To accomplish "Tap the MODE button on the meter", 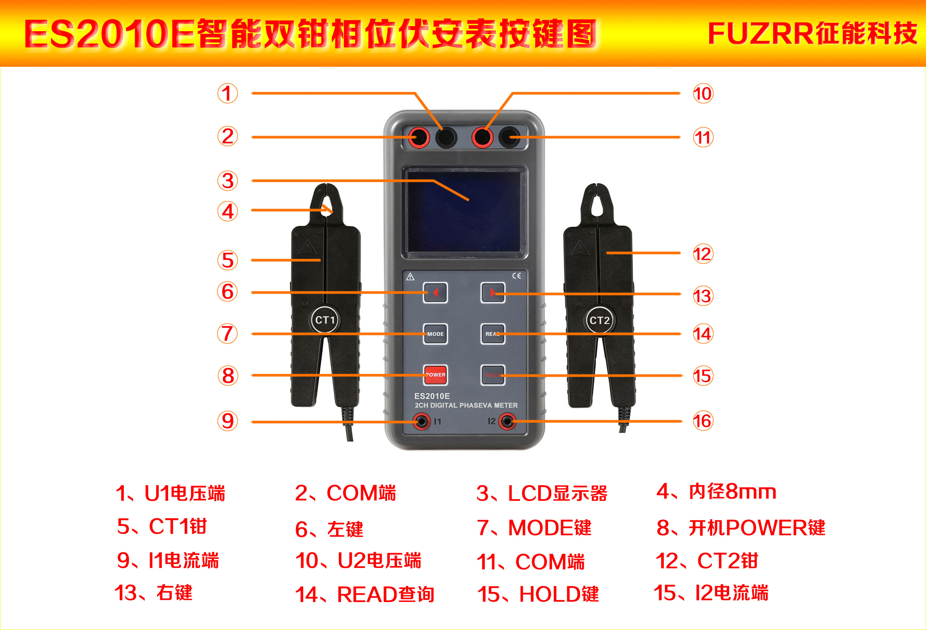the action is (435, 334).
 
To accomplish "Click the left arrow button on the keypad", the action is (435, 293).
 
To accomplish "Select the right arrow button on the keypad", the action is (493, 293).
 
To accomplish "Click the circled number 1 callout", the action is (228, 93).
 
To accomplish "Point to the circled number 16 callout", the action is (703, 421).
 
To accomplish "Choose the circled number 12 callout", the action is (703, 254).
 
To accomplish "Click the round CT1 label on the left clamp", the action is (325, 320).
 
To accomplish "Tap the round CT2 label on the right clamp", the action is (600, 320).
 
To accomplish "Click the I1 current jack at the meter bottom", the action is (421, 421).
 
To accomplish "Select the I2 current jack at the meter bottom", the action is (507, 421).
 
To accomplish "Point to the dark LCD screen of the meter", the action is (464, 212).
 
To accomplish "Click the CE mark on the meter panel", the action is (516, 275).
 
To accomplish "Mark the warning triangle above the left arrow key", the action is (410, 277).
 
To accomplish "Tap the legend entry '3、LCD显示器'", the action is (542, 493).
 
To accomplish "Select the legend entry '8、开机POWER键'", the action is (741, 528).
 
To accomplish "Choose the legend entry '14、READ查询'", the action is (365, 594).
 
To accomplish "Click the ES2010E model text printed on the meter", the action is (432, 396).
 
